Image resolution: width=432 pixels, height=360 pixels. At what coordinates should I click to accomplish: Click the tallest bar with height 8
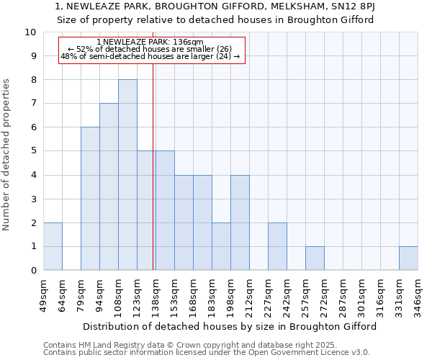tap(127, 175)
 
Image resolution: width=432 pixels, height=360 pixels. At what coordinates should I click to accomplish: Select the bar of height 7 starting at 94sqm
tap(109, 187)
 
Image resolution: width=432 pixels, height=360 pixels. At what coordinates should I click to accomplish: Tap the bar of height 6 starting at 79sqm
tap(90, 199)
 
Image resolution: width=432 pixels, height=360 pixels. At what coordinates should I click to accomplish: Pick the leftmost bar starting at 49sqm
tap(53, 246)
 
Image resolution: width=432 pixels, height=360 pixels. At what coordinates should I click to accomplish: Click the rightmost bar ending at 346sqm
tap(408, 258)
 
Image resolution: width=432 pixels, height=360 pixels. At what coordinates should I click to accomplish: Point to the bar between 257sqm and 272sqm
tap(315, 258)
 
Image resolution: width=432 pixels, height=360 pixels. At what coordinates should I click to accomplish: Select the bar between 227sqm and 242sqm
tap(277, 246)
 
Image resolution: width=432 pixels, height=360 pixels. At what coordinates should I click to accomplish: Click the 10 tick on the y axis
tap(31, 32)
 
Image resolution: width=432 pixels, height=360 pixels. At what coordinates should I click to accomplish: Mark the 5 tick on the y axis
tap(33, 151)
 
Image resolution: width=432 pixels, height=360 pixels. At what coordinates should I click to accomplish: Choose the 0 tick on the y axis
tap(33, 271)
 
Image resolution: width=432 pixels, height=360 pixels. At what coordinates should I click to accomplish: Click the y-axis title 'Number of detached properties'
tap(6, 151)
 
